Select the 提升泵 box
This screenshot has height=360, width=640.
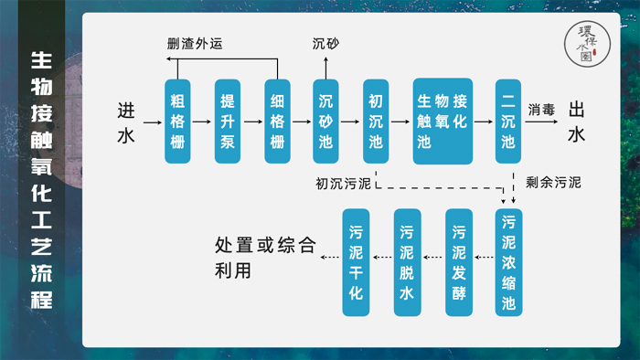[227, 121]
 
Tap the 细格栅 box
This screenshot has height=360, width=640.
[277, 121]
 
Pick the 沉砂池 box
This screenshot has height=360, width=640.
[326, 121]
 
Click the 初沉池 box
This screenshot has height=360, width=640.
[376, 121]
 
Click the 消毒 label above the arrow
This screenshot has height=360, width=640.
[541, 109]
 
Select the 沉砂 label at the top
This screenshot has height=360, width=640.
[326, 43]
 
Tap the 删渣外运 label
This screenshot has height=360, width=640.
[195, 43]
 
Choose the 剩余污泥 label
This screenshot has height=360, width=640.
[553, 183]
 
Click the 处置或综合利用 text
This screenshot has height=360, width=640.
[265, 259]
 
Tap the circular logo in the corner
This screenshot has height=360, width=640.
[586, 43]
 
